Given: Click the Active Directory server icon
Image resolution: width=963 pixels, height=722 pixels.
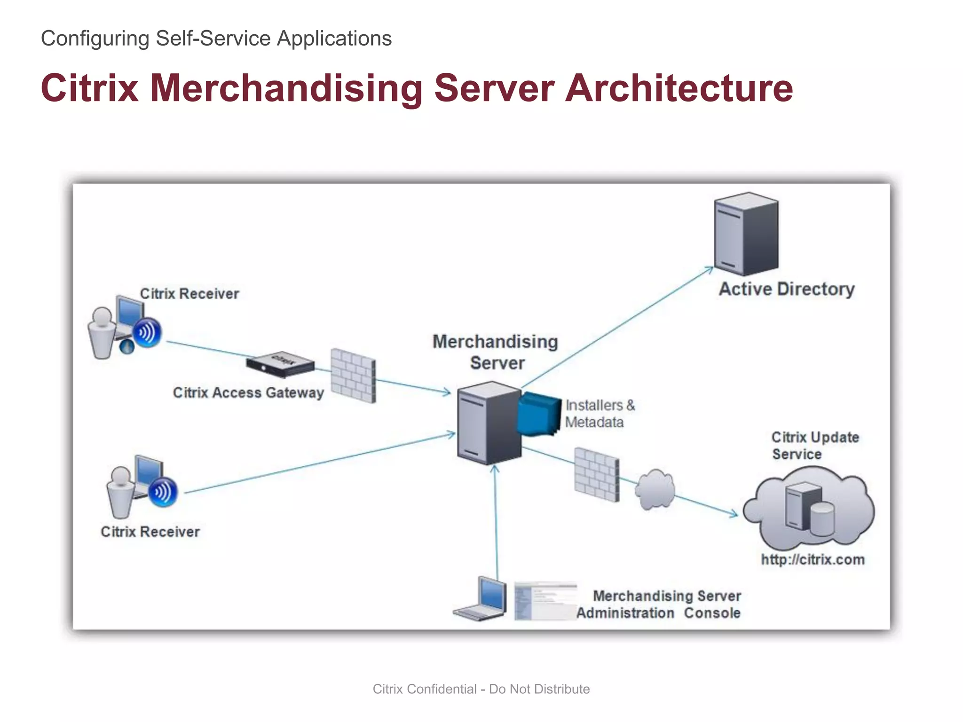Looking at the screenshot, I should (746, 234).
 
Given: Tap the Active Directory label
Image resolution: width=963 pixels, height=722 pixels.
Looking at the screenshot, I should (787, 289).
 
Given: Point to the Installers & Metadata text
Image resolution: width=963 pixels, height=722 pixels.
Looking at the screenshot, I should (599, 414).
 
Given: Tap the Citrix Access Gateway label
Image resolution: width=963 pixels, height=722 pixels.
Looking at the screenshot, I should (248, 392).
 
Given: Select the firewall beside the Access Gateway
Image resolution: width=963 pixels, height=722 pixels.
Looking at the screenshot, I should (353, 375).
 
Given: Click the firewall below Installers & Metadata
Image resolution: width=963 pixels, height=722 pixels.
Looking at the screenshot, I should (597, 474).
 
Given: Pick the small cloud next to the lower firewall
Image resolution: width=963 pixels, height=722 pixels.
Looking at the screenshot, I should (655, 490).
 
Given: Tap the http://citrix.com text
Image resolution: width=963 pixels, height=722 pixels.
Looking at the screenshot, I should (813, 559).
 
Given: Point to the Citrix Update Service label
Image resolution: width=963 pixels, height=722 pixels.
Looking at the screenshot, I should (814, 446).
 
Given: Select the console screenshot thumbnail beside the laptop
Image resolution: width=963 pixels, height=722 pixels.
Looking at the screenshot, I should (545, 601).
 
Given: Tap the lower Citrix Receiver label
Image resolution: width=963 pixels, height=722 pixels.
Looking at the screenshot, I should (150, 532).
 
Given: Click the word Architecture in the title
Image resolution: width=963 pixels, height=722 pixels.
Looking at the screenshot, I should (679, 88).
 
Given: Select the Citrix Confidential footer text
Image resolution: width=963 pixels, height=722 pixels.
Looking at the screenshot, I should (481, 689).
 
